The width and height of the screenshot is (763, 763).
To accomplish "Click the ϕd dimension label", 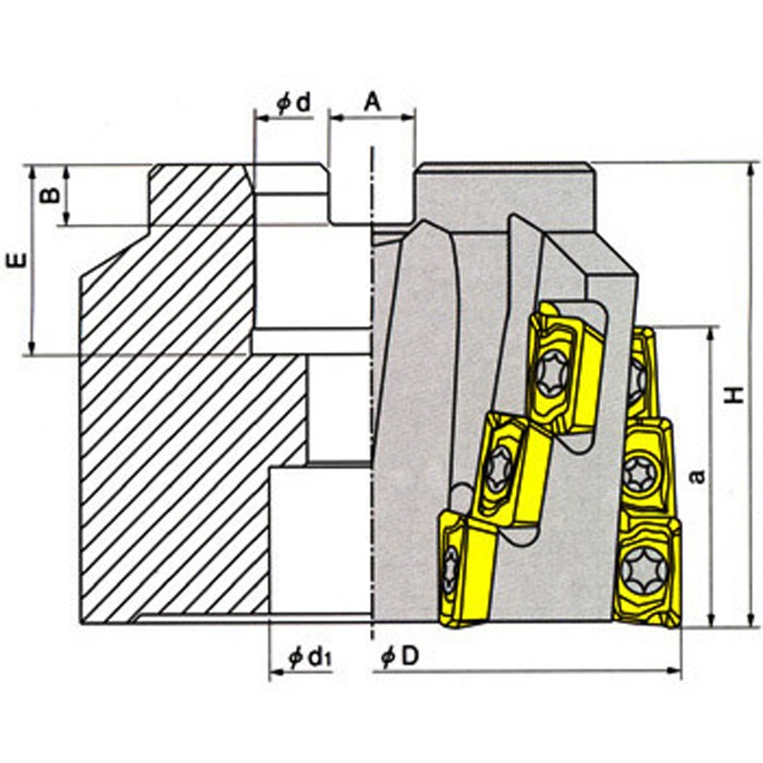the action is click(x=294, y=103).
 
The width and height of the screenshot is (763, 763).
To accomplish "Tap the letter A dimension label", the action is click(x=372, y=102).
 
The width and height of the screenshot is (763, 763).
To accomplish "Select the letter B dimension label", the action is click(x=50, y=195).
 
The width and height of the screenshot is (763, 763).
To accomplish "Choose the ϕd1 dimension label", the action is click(x=310, y=658).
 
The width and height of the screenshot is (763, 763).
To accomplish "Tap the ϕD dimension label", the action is click(x=400, y=657).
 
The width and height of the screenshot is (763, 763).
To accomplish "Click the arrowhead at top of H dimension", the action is click(x=753, y=171).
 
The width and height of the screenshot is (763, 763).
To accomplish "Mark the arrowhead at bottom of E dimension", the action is click(x=31, y=347).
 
